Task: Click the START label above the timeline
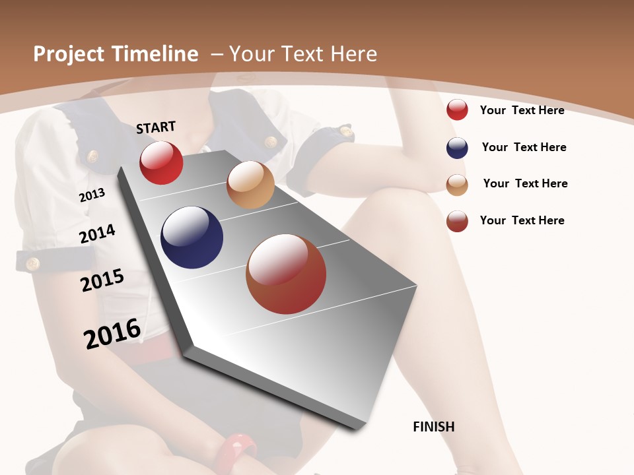(156, 127)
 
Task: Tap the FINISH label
(434, 427)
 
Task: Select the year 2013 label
(92, 195)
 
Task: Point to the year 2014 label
(97, 234)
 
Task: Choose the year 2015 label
(102, 280)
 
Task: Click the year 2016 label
(112, 333)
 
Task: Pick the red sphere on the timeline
(161, 163)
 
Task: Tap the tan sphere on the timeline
(250, 185)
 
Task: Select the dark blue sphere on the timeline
(192, 237)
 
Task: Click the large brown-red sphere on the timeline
(286, 274)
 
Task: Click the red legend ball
(457, 110)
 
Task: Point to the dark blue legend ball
(457, 148)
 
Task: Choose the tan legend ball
(457, 184)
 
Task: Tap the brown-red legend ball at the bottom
(457, 221)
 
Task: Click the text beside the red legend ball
(522, 110)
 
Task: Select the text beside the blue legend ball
(524, 147)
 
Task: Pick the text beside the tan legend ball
(525, 183)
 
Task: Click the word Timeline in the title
(156, 54)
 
